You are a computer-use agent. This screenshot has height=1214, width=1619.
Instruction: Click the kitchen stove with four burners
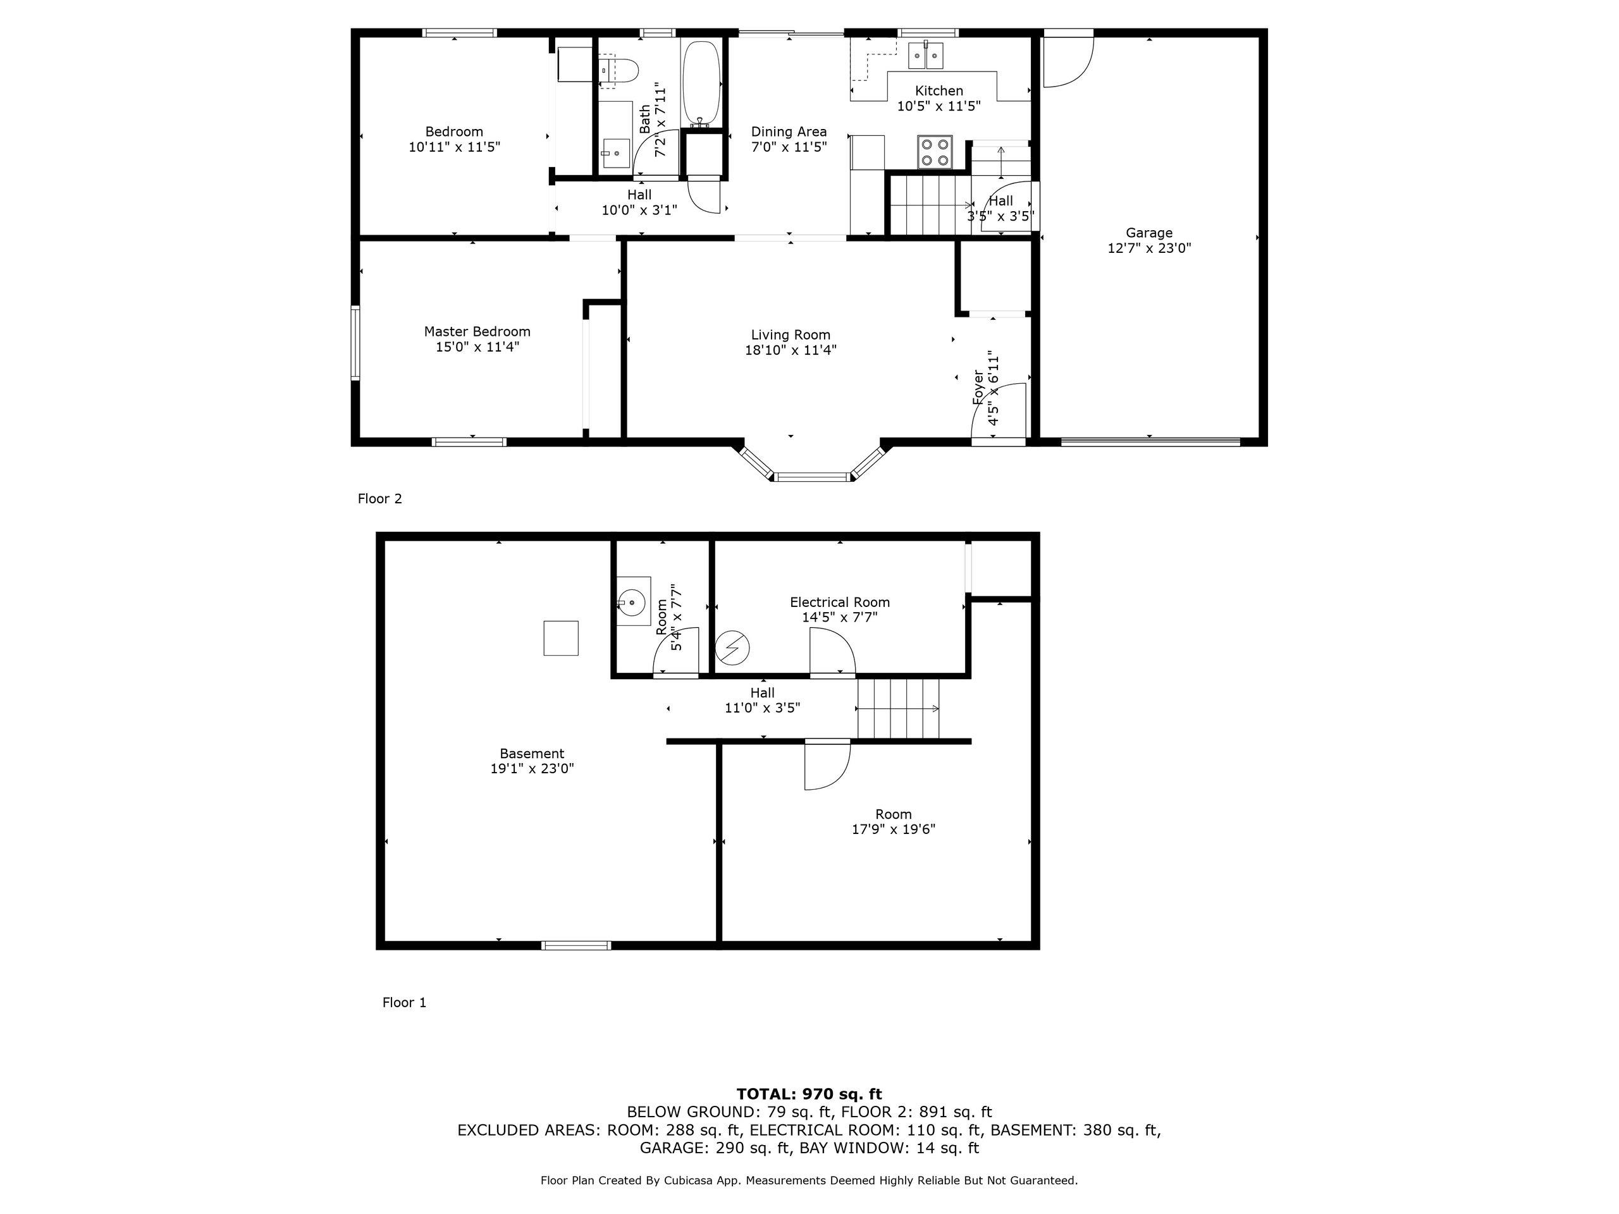[x=935, y=152]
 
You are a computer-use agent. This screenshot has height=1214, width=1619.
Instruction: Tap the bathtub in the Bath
[x=701, y=84]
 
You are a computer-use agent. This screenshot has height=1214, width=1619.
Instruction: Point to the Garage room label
[x=1148, y=233]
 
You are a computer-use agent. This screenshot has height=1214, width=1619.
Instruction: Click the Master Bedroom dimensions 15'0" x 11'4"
[x=477, y=347]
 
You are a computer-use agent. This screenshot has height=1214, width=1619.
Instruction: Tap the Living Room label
[x=791, y=335]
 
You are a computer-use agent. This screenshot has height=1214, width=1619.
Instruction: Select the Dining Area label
[x=788, y=132]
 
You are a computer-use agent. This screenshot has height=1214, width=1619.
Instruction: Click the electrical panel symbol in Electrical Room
[x=732, y=648]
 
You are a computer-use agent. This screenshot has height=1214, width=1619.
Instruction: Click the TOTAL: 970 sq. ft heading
[x=809, y=1094]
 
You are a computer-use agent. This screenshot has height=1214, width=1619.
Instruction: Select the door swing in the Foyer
[x=1001, y=410]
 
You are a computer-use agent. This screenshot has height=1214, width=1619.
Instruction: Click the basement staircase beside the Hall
[x=898, y=709]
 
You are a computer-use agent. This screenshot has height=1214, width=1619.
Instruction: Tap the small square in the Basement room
[x=561, y=638]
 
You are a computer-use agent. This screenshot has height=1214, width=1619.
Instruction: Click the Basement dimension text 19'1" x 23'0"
[x=532, y=769]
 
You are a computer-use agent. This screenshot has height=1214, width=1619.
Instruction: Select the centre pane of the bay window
[x=813, y=477]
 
